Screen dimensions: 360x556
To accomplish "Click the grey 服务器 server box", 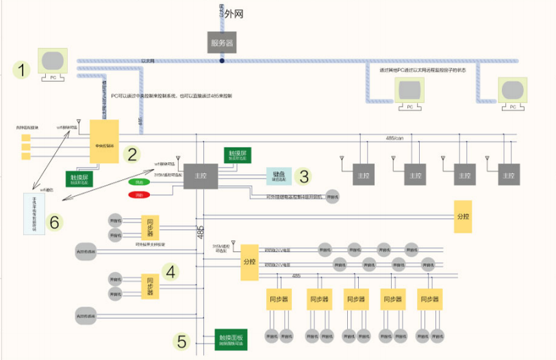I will pyautogui.click(x=222, y=42).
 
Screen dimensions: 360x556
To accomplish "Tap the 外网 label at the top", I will pyautogui.click(x=233, y=13).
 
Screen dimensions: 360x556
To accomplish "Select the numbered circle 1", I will pyautogui.click(x=25, y=69).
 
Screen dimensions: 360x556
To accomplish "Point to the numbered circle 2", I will pyautogui.click(x=132, y=154).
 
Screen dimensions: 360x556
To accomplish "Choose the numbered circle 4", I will pyautogui.click(x=170, y=272).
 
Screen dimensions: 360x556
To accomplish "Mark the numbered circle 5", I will pyautogui.click(x=181, y=340).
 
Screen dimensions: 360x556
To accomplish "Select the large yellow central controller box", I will pyautogui.click(x=104, y=142).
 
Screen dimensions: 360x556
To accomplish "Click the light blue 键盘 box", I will pyautogui.click(x=279, y=176).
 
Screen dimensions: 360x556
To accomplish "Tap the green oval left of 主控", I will pyautogui.click(x=139, y=182).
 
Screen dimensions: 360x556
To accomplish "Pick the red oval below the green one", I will pyautogui.click(x=139, y=195).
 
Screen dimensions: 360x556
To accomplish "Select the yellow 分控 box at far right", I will pyautogui.click(x=464, y=216).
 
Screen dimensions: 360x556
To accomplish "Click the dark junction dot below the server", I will pyautogui.click(x=222, y=61).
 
